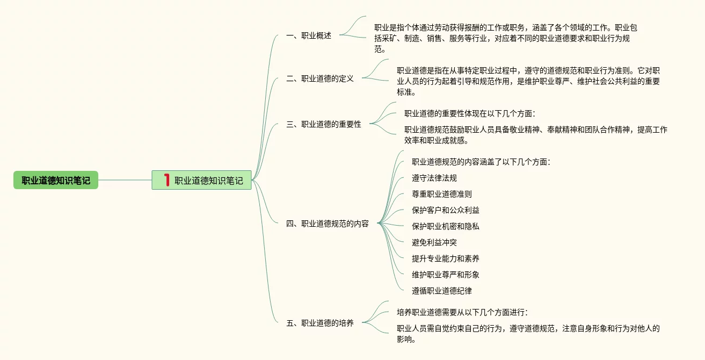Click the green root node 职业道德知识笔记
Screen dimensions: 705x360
pos(56,180)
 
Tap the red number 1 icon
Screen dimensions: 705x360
pos(166,180)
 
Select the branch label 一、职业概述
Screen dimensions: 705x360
pos(309,36)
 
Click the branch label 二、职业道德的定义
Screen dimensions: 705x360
pos(320,78)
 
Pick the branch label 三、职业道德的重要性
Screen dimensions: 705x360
pos(324,124)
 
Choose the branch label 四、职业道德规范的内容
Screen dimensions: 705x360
pos(328,224)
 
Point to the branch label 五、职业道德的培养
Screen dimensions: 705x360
pos(320,323)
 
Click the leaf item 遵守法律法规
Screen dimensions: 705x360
pos(434,178)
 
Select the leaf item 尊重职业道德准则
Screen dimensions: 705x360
pos(442,194)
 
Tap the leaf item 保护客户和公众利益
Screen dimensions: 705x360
pos(446,210)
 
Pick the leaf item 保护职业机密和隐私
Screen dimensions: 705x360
pos(446,226)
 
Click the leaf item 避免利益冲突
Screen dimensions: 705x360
pos(434,242)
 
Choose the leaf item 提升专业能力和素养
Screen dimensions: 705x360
pos(446,258)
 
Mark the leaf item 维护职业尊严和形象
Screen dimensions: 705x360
pos(446,275)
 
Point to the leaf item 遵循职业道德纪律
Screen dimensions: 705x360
pos(442,291)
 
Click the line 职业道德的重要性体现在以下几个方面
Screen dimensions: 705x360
pos(470,113)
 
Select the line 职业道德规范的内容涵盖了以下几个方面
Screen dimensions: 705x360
pos(481,162)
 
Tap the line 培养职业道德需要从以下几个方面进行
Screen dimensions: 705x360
pos(462,312)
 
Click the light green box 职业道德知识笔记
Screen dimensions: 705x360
pos(208,181)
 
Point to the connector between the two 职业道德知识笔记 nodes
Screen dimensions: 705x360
pos(125,180)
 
